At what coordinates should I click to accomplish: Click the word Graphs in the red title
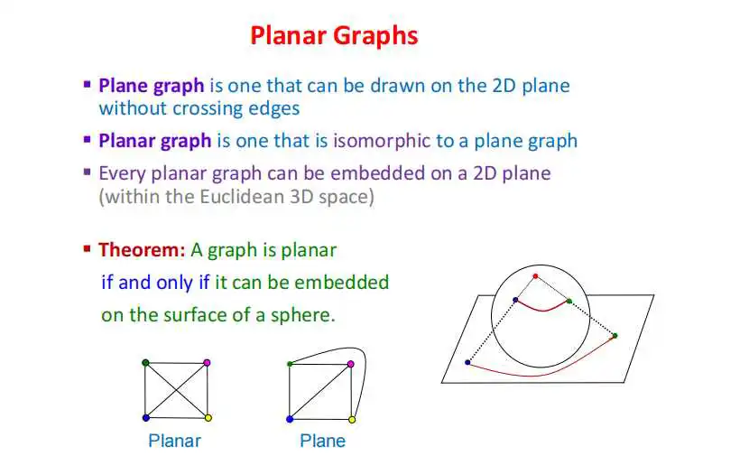(x=375, y=36)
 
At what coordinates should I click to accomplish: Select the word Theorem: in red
(x=142, y=250)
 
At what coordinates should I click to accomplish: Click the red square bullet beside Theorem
(x=87, y=248)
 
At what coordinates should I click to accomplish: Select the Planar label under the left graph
(x=174, y=441)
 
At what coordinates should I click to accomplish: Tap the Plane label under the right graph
(x=322, y=441)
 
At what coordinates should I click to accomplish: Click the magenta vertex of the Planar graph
(x=207, y=363)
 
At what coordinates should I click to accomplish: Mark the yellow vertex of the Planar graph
(x=208, y=418)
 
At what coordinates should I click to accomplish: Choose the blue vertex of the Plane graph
(x=290, y=420)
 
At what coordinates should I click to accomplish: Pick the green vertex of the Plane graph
(x=290, y=364)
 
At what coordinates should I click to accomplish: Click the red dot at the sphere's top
(x=535, y=276)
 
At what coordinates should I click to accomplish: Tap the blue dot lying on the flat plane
(x=467, y=363)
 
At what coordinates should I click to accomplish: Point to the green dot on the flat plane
(x=615, y=336)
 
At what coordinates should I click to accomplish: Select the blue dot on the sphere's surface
(x=515, y=300)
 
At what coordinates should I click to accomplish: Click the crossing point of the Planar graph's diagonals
(x=177, y=390)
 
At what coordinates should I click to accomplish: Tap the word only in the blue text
(x=174, y=283)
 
